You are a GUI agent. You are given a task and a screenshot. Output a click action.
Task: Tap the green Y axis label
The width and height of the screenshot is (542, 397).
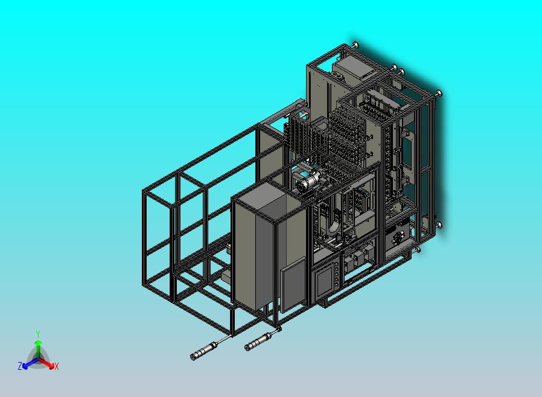coord(38,334)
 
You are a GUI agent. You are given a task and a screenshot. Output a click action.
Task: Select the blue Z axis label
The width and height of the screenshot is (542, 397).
coord(20,366)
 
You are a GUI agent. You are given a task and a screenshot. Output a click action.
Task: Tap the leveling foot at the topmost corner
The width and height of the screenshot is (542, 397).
coord(355,45)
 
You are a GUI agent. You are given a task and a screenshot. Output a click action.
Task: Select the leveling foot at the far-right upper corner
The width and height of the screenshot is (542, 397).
coord(439,93)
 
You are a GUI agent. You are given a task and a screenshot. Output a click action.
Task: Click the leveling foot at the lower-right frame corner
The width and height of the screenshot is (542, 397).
coord(439,225)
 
